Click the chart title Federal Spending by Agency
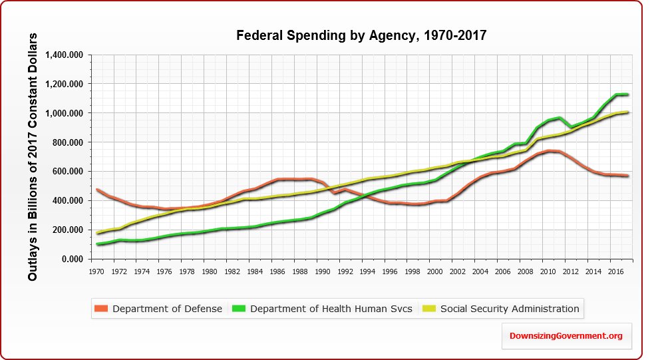(362, 35)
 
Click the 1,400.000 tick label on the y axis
(66, 55)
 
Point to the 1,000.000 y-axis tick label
(66, 113)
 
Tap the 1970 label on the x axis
(98, 271)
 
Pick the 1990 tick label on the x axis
(322, 271)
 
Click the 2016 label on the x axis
(615, 271)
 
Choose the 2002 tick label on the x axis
(457, 271)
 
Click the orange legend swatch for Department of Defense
(101, 309)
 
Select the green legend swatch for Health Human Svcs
(238, 309)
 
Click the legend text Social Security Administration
(510, 309)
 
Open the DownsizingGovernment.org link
(566, 336)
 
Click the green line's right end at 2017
(627, 94)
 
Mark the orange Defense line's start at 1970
(98, 190)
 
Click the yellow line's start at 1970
(98, 233)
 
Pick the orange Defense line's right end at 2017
(627, 176)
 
